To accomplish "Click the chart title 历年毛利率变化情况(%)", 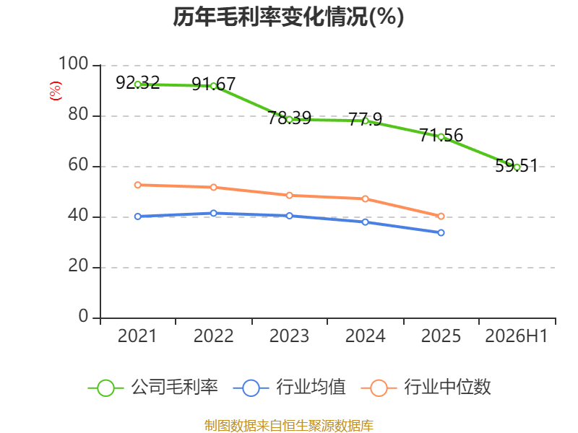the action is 288,17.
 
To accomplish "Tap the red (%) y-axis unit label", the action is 56,91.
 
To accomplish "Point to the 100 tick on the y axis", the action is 74,64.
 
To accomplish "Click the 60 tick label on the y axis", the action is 78,165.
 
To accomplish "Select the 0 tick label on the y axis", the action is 83,316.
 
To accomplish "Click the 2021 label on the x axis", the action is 137,336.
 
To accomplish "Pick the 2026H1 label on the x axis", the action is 517,336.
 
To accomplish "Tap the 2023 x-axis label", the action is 289,336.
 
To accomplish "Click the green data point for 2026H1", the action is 517,167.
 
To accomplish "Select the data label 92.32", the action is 137,82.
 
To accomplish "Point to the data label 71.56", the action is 441,135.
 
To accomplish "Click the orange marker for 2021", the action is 137,185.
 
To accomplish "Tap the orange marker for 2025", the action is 441,216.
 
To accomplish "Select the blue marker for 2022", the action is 213,213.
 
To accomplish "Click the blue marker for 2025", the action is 441,232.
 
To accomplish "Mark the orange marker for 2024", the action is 365,199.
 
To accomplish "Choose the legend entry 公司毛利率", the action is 153,388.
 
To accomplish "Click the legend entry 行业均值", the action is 290,388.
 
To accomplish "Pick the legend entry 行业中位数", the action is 426,388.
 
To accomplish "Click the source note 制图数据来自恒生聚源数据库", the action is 289,426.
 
